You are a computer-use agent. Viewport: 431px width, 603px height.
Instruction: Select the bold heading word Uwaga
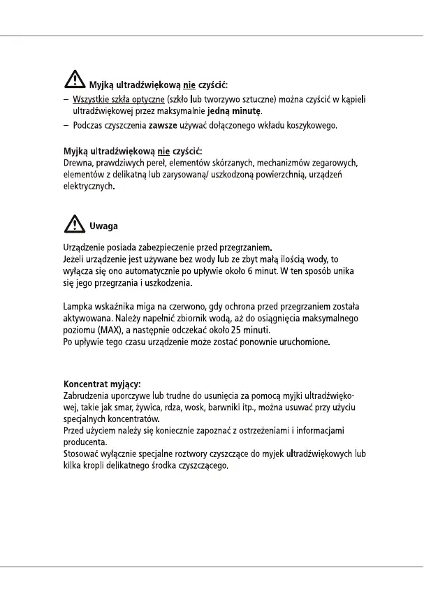click(103, 226)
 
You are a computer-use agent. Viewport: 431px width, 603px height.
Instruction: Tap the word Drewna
click(78, 163)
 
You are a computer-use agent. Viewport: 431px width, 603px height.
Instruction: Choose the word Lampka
click(79, 306)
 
